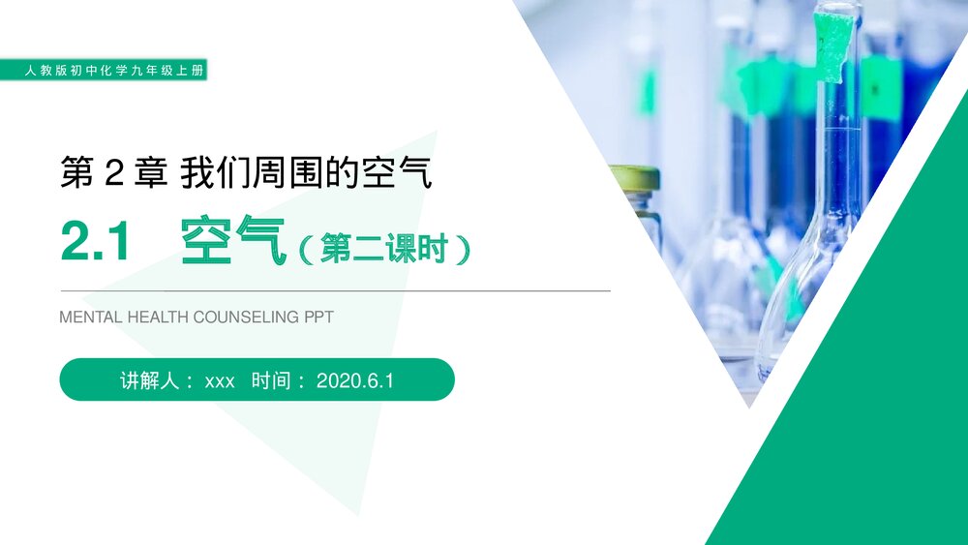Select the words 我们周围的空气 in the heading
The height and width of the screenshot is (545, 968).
click(x=306, y=173)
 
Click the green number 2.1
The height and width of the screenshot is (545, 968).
click(x=95, y=242)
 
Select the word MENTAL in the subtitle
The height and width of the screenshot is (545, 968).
click(x=91, y=317)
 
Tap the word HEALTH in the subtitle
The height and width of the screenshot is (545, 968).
click(x=159, y=317)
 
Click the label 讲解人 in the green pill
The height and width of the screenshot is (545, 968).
click(x=150, y=380)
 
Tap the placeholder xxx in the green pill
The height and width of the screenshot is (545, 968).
click(x=220, y=381)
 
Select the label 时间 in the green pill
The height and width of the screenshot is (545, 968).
click(x=270, y=380)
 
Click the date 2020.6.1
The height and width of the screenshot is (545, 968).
click(x=355, y=381)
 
